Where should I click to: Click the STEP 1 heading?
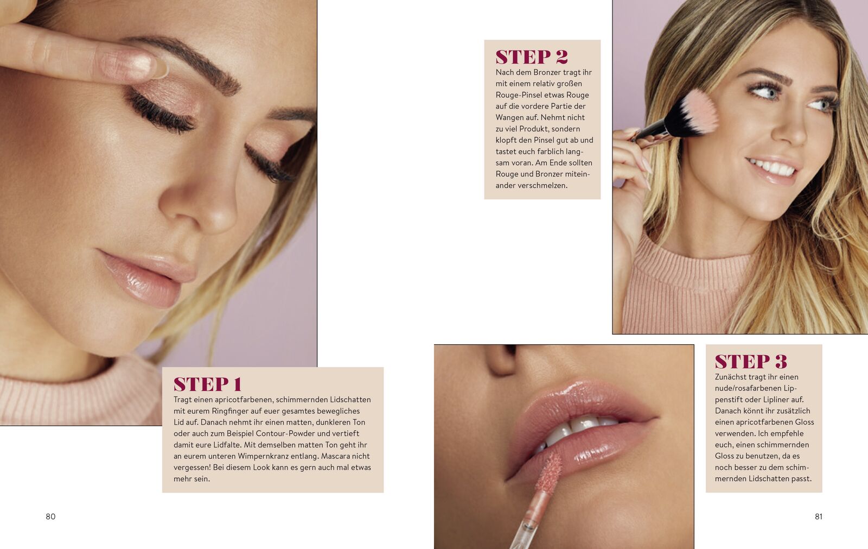tap(208, 384)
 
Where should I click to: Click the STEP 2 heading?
tap(532, 56)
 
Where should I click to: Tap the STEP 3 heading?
tap(751, 361)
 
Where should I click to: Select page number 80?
tap(51, 516)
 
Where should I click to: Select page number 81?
tap(819, 516)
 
